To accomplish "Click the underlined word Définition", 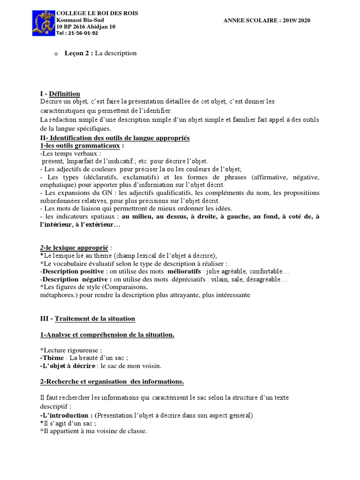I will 64,94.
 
